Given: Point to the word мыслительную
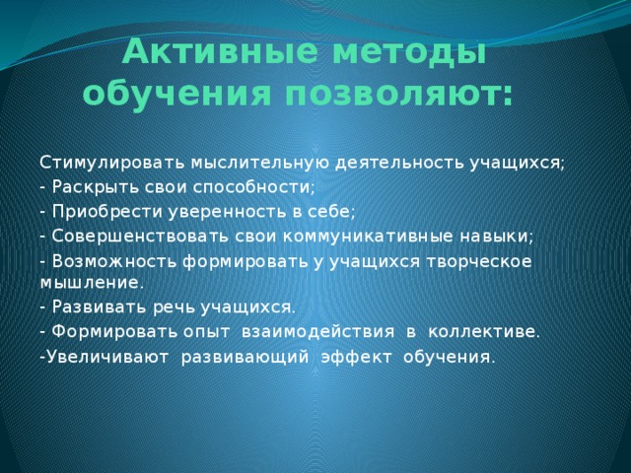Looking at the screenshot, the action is pos(261,163).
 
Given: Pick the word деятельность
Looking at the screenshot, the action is pos(400,163).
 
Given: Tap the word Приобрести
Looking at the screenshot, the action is pos(107,212).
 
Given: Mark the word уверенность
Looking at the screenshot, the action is pos(228,212).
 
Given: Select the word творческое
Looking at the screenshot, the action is pos(479,262).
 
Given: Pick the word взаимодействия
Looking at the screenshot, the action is pos(317,333).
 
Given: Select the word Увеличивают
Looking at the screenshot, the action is pos(107,357).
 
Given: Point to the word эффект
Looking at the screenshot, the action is pos(357,357).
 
